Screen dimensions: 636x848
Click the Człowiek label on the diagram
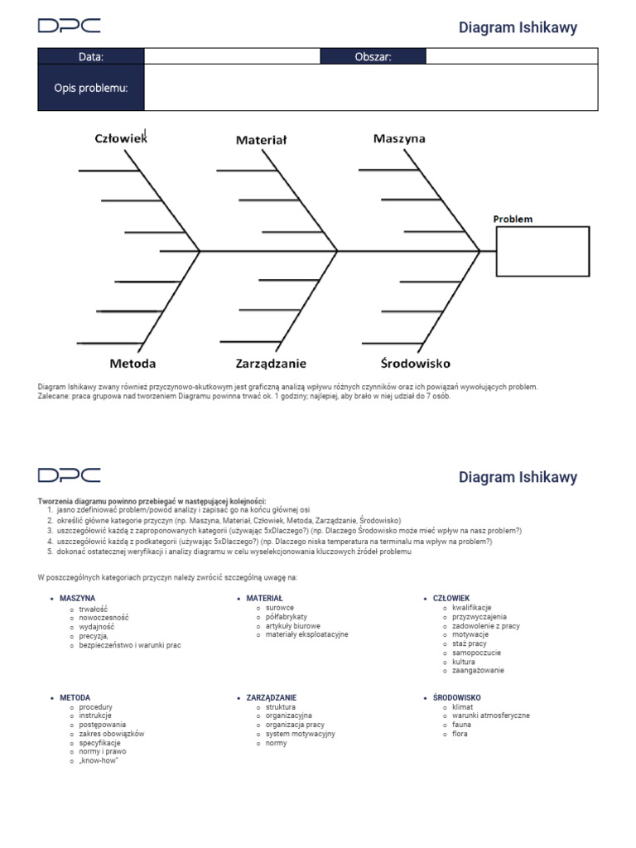[x=120, y=139]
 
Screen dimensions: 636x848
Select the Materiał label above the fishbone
[x=261, y=140]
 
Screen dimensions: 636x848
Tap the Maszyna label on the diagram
[x=399, y=138]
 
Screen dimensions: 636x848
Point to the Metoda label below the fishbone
[x=132, y=363]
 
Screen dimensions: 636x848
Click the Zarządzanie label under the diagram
[x=271, y=363]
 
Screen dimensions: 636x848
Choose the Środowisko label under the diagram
[x=415, y=363]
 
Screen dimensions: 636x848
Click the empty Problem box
[x=542, y=251]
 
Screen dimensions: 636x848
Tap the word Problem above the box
[x=513, y=219]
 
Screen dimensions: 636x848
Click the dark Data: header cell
[x=91, y=56]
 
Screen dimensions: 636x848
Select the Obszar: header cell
[x=373, y=56]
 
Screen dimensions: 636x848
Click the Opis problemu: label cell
[x=91, y=88]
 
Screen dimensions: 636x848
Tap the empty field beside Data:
[x=232, y=56]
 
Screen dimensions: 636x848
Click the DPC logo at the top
[x=69, y=26]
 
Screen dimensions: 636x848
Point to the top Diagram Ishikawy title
[x=518, y=27]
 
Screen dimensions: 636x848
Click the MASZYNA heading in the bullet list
[x=77, y=598]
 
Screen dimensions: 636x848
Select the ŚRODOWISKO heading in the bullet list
[x=456, y=698]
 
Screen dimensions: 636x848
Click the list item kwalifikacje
[x=471, y=608]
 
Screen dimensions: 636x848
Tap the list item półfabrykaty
[x=287, y=617]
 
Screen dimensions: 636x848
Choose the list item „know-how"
[x=99, y=761]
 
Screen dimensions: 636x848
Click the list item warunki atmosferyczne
[x=490, y=715]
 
